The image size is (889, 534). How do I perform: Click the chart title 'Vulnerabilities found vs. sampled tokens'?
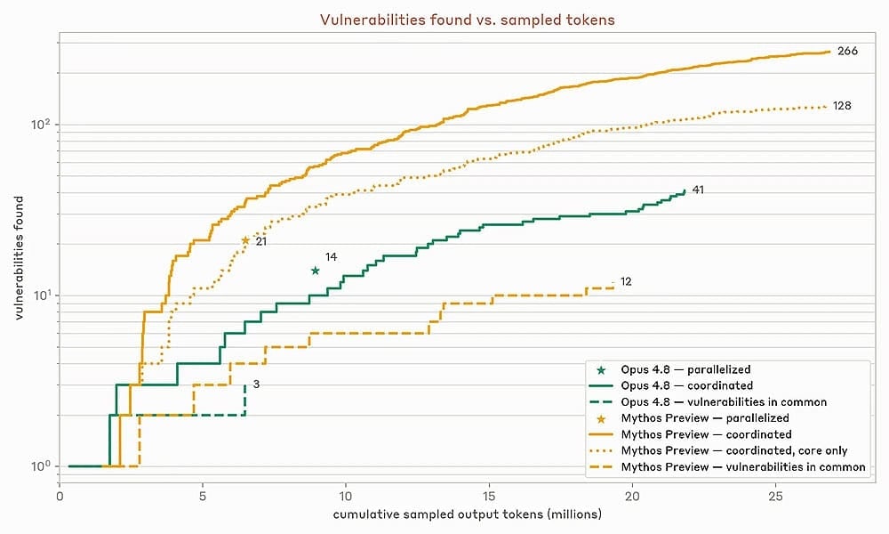pyautogui.click(x=468, y=20)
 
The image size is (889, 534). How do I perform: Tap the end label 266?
pyautogui.click(x=847, y=51)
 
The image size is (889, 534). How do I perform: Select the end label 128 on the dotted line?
pyautogui.click(x=842, y=106)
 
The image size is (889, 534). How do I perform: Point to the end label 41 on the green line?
pyautogui.click(x=698, y=190)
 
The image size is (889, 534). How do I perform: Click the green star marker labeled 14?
pyautogui.click(x=316, y=271)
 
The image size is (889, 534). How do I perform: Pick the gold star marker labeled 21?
pyautogui.click(x=245, y=240)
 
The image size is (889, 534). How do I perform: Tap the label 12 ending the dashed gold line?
pyautogui.click(x=626, y=281)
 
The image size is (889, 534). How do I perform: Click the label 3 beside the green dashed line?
pyautogui.click(x=256, y=384)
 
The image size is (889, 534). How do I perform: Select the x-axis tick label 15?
pyautogui.click(x=489, y=496)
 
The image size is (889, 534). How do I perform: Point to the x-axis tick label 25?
pyautogui.click(x=775, y=496)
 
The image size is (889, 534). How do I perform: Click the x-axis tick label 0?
pyautogui.click(x=60, y=496)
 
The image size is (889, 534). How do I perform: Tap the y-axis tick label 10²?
pyautogui.click(x=40, y=123)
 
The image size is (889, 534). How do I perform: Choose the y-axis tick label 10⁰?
pyautogui.click(x=40, y=465)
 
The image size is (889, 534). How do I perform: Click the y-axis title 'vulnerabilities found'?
pyautogui.click(x=20, y=258)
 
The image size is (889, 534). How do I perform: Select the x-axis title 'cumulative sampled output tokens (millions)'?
pyautogui.click(x=468, y=514)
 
